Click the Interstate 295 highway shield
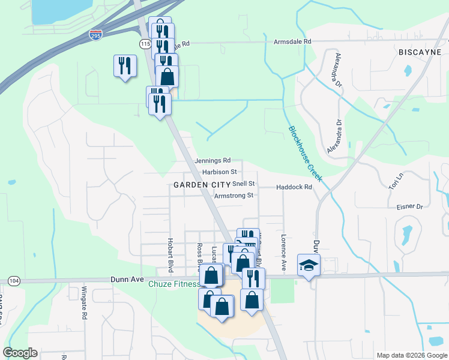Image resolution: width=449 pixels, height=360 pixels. pos(95,36)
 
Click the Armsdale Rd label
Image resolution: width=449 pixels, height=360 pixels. pos(293,41)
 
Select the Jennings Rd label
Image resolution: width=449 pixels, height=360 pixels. pos(213,161)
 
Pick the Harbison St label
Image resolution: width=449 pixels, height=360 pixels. pos(220,172)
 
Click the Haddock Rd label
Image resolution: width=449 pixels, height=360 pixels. pos(294,187)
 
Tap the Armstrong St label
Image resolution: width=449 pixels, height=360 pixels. pos(234,196)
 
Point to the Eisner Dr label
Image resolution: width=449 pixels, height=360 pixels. pos(410,207)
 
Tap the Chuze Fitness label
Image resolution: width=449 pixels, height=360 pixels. pos(175,284)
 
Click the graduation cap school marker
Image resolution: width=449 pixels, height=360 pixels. pos(309,265)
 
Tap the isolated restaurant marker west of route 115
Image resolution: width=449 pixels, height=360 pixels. pos(125,65)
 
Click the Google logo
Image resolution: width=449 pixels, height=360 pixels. pos(20,353)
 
